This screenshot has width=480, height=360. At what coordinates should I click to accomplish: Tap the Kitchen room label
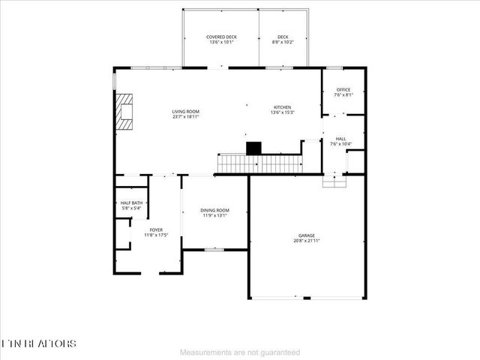pyautogui.click(x=282, y=107)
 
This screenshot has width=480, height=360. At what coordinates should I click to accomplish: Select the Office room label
pyautogui.click(x=343, y=90)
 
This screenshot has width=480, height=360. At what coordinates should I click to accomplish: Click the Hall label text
pyautogui.click(x=340, y=139)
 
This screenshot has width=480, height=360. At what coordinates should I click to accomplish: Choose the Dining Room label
pyautogui.click(x=214, y=210)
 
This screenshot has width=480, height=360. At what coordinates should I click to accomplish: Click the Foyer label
pyautogui.click(x=155, y=230)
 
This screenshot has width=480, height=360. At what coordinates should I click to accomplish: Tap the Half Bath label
pyautogui.click(x=131, y=203)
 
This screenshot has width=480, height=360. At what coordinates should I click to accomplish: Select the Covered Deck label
pyautogui.click(x=220, y=37)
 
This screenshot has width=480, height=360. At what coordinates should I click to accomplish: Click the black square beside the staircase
pyautogui.click(x=254, y=148)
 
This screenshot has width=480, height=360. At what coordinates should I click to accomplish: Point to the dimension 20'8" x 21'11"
pyautogui.click(x=306, y=241)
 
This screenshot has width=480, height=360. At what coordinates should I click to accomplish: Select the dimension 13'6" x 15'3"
pyautogui.click(x=282, y=112)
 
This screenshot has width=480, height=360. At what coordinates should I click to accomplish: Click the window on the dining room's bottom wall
pyautogui.click(x=214, y=249)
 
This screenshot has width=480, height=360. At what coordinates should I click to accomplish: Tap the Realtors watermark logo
pyautogui.click(x=39, y=343)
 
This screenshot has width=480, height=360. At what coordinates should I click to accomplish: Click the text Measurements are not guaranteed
pyautogui.click(x=240, y=352)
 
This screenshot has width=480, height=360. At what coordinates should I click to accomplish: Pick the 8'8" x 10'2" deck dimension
pyautogui.click(x=283, y=42)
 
